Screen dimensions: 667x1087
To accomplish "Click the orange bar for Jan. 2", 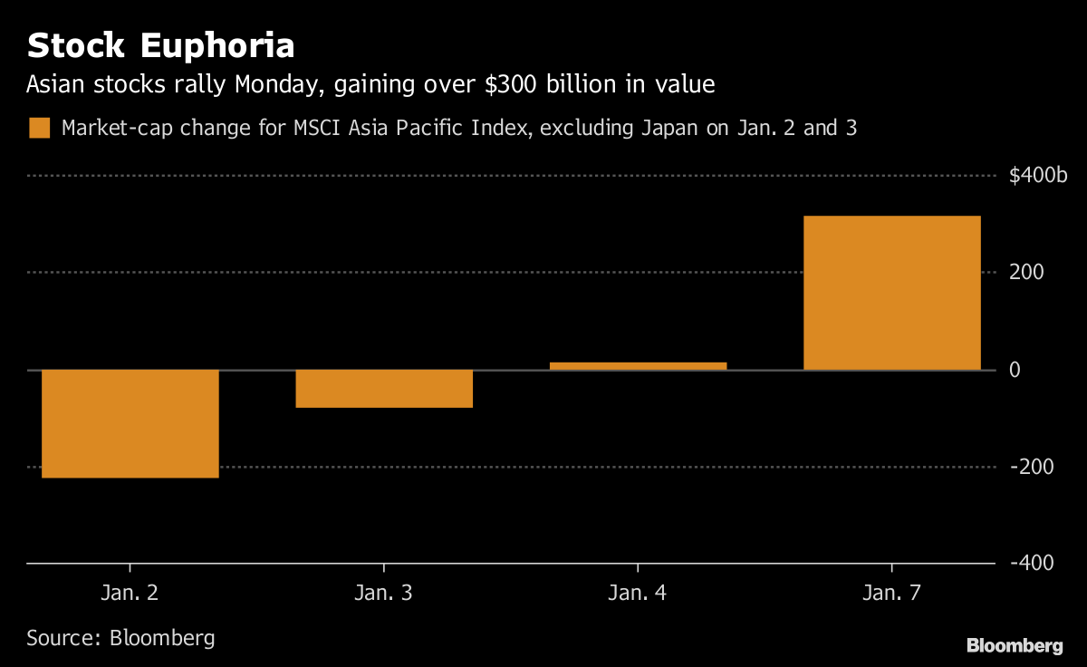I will coord(130,423).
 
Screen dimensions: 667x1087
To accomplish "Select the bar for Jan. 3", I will coord(384,389).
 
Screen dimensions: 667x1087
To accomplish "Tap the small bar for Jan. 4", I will coord(638,366).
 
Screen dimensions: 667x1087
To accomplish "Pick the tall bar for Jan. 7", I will coord(891,293).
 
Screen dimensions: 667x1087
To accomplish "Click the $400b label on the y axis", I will coord(1038,176).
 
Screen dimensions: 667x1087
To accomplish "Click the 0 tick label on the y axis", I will coord(1015,370).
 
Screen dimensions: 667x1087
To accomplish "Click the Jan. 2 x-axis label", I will coord(130,594).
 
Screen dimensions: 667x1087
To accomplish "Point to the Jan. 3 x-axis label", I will coord(384,594).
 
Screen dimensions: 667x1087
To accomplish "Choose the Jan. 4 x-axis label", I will coord(638,594).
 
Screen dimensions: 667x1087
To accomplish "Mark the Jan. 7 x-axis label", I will coord(891,594).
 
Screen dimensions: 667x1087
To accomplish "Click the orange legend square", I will coord(39,128).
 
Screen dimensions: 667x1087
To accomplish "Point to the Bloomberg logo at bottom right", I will coord(1014,645).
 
